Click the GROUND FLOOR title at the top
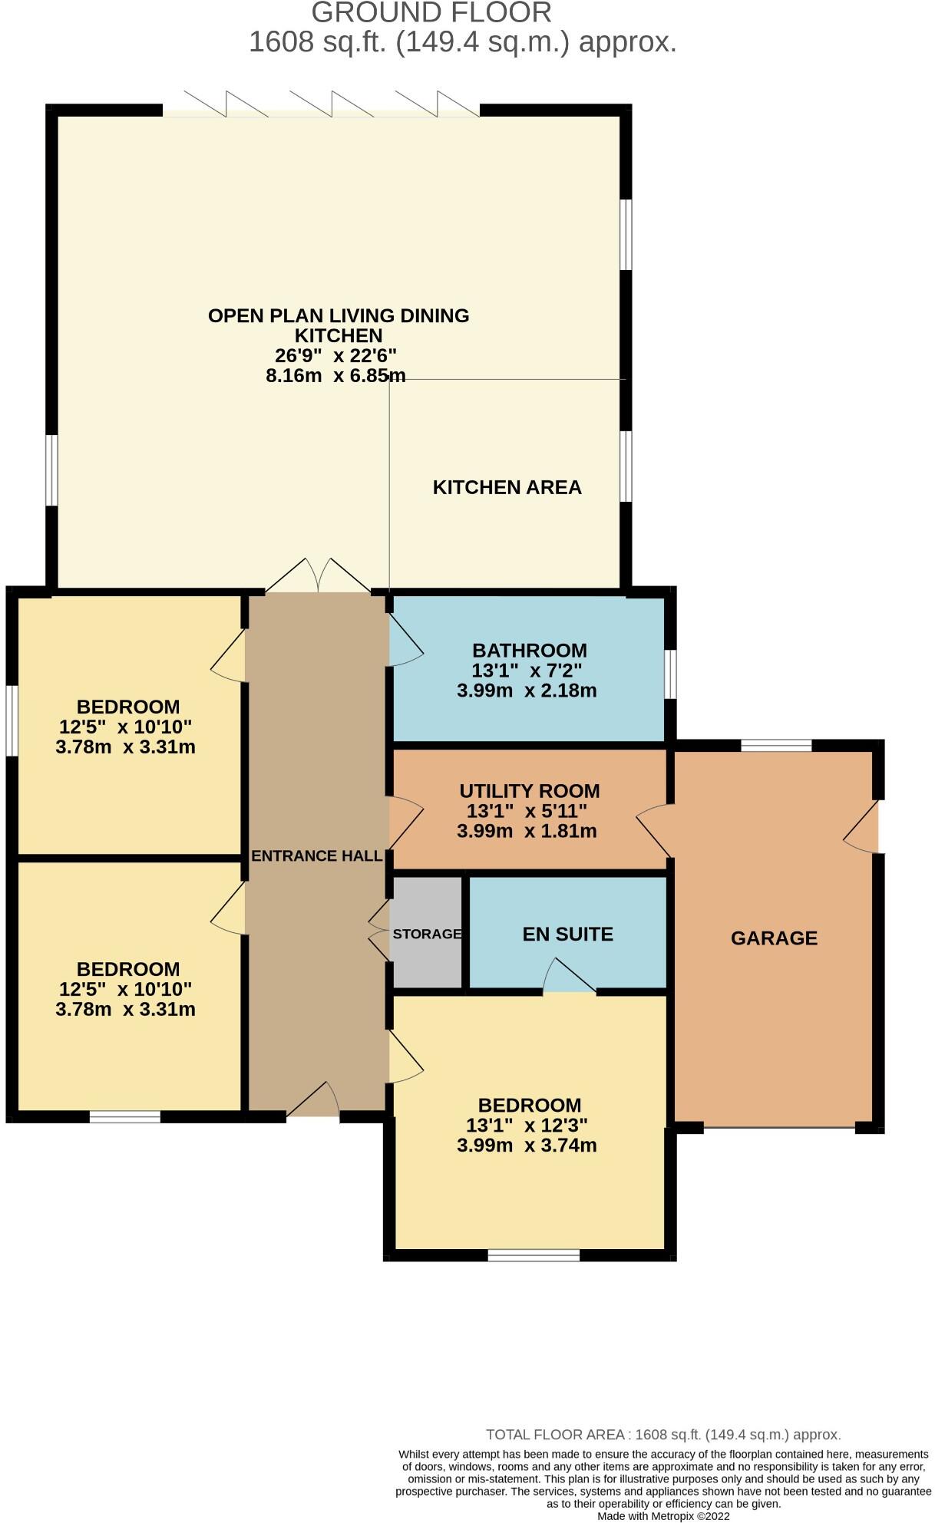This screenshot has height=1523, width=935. coord(431,12)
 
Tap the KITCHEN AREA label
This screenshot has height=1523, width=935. coord(507,487)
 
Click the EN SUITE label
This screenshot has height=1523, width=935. coord(567,934)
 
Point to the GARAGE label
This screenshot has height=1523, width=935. coord(774,938)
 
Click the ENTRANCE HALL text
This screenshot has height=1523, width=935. coord(316,855)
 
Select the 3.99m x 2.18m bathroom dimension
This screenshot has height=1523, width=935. coord(527,690)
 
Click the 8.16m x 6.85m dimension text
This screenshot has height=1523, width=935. coord(335,375)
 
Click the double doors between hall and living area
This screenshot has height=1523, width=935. coord(319,575)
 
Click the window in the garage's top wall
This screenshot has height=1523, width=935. coord(776,745)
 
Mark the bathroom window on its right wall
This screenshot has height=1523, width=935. coord(670,674)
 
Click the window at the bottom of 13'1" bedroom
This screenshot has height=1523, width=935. coord(534,1255)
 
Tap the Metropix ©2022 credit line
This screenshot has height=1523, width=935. coord(663,1516)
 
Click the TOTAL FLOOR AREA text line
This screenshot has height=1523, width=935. coord(663,1434)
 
